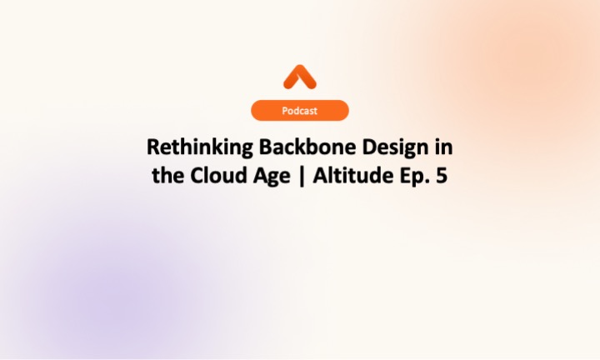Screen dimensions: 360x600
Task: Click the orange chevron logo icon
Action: point(299,77)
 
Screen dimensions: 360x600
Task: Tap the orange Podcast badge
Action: point(299,110)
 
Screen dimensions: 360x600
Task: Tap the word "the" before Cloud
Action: point(167,176)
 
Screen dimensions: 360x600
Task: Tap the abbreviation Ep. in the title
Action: point(408,177)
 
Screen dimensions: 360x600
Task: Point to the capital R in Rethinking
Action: point(152,147)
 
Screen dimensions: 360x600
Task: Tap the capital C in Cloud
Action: point(192,176)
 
